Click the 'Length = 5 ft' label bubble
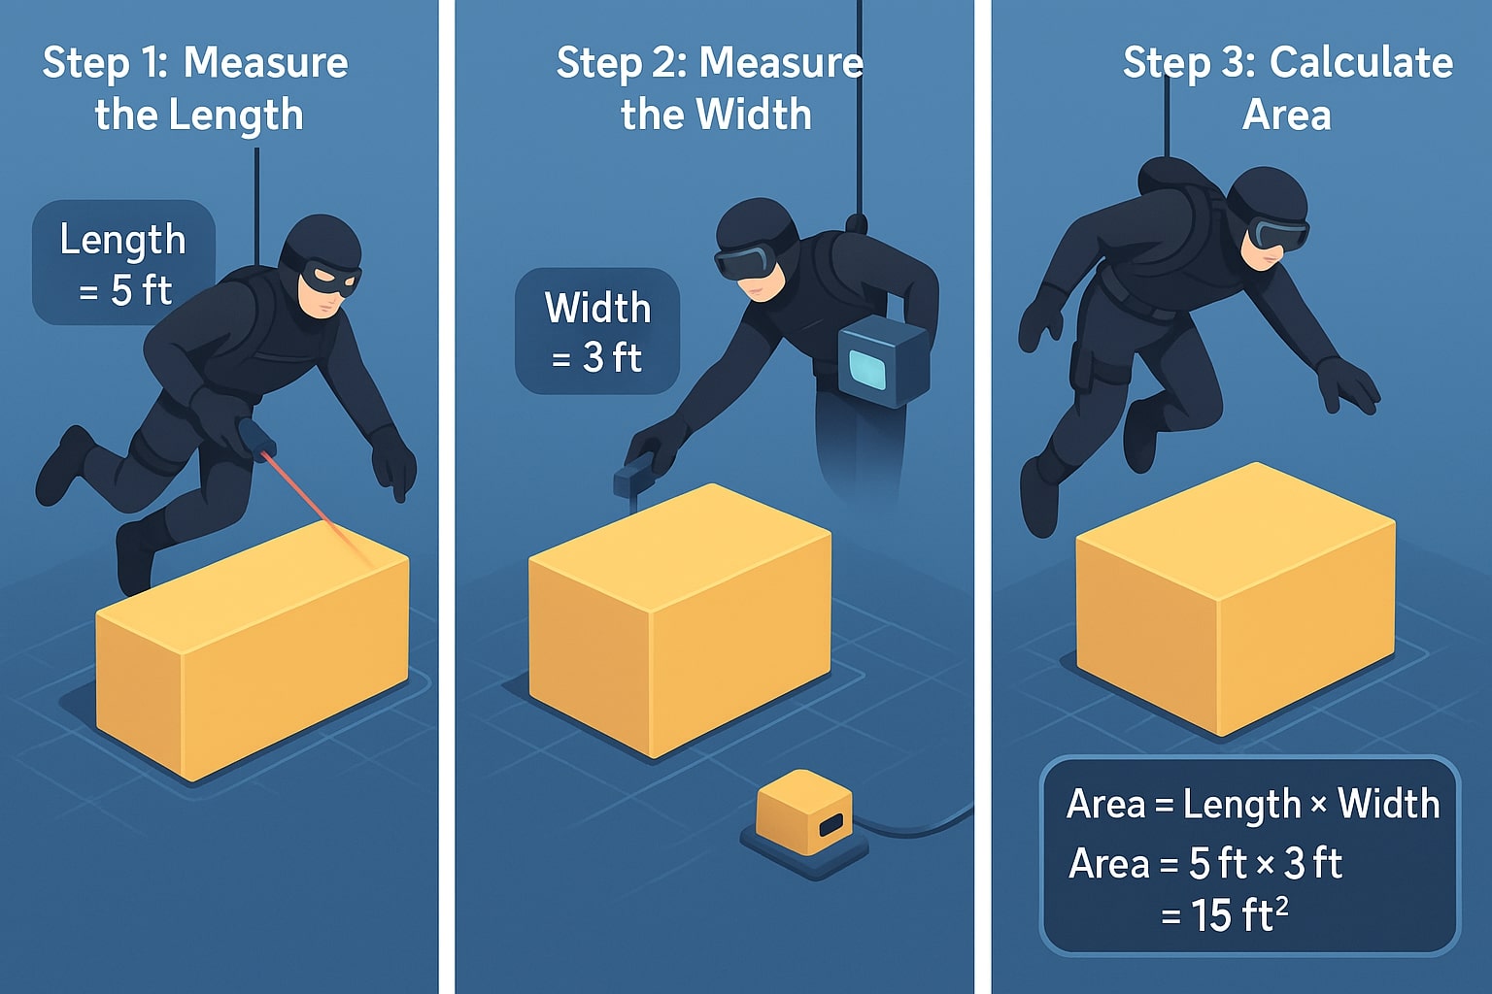click(x=123, y=263)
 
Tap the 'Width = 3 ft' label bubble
click(x=596, y=332)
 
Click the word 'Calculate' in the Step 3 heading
click(x=1361, y=63)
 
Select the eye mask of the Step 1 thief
click(x=329, y=278)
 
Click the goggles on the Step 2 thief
click(x=746, y=260)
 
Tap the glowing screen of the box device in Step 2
click(x=867, y=369)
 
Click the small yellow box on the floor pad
click(x=804, y=813)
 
